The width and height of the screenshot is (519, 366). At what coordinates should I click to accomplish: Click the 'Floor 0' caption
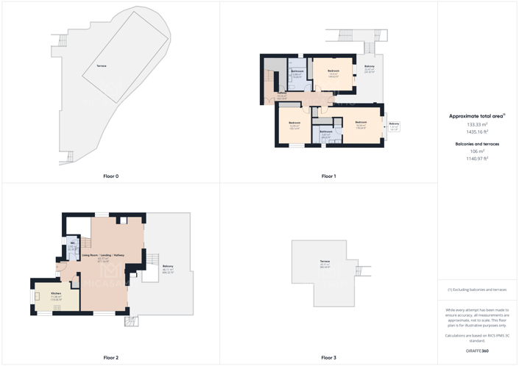(x=110, y=176)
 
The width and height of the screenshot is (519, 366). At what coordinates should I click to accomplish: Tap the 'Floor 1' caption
(x=328, y=176)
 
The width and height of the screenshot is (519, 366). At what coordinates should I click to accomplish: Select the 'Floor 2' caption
(x=110, y=358)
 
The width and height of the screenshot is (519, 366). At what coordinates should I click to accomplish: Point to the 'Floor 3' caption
(x=328, y=358)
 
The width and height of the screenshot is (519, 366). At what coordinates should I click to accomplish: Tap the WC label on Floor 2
(x=73, y=243)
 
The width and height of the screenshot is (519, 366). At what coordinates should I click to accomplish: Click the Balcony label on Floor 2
(x=168, y=266)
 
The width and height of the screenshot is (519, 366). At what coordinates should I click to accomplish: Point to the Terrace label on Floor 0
(x=102, y=66)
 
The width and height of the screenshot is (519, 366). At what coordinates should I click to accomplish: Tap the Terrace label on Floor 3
(x=325, y=262)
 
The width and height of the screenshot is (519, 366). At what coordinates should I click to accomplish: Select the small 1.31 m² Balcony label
(x=395, y=123)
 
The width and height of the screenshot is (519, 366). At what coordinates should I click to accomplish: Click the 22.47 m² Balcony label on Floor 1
(x=370, y=67)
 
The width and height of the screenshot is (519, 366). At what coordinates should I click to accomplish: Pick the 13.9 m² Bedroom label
(x=333, y=71)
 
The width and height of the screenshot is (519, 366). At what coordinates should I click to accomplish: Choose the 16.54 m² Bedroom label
(x=361, y=122)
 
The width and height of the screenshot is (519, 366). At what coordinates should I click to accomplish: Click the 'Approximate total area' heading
(x=477, y=116)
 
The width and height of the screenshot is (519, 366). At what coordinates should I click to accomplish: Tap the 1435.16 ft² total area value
(x=477, y=132)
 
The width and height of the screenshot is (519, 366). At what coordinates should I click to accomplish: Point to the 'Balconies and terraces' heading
(x=477, y=144)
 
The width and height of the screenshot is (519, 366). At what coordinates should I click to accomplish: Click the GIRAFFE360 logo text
(x=477, y=351)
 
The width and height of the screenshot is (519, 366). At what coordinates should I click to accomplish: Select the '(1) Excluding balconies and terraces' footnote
(x=477, y=290)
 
